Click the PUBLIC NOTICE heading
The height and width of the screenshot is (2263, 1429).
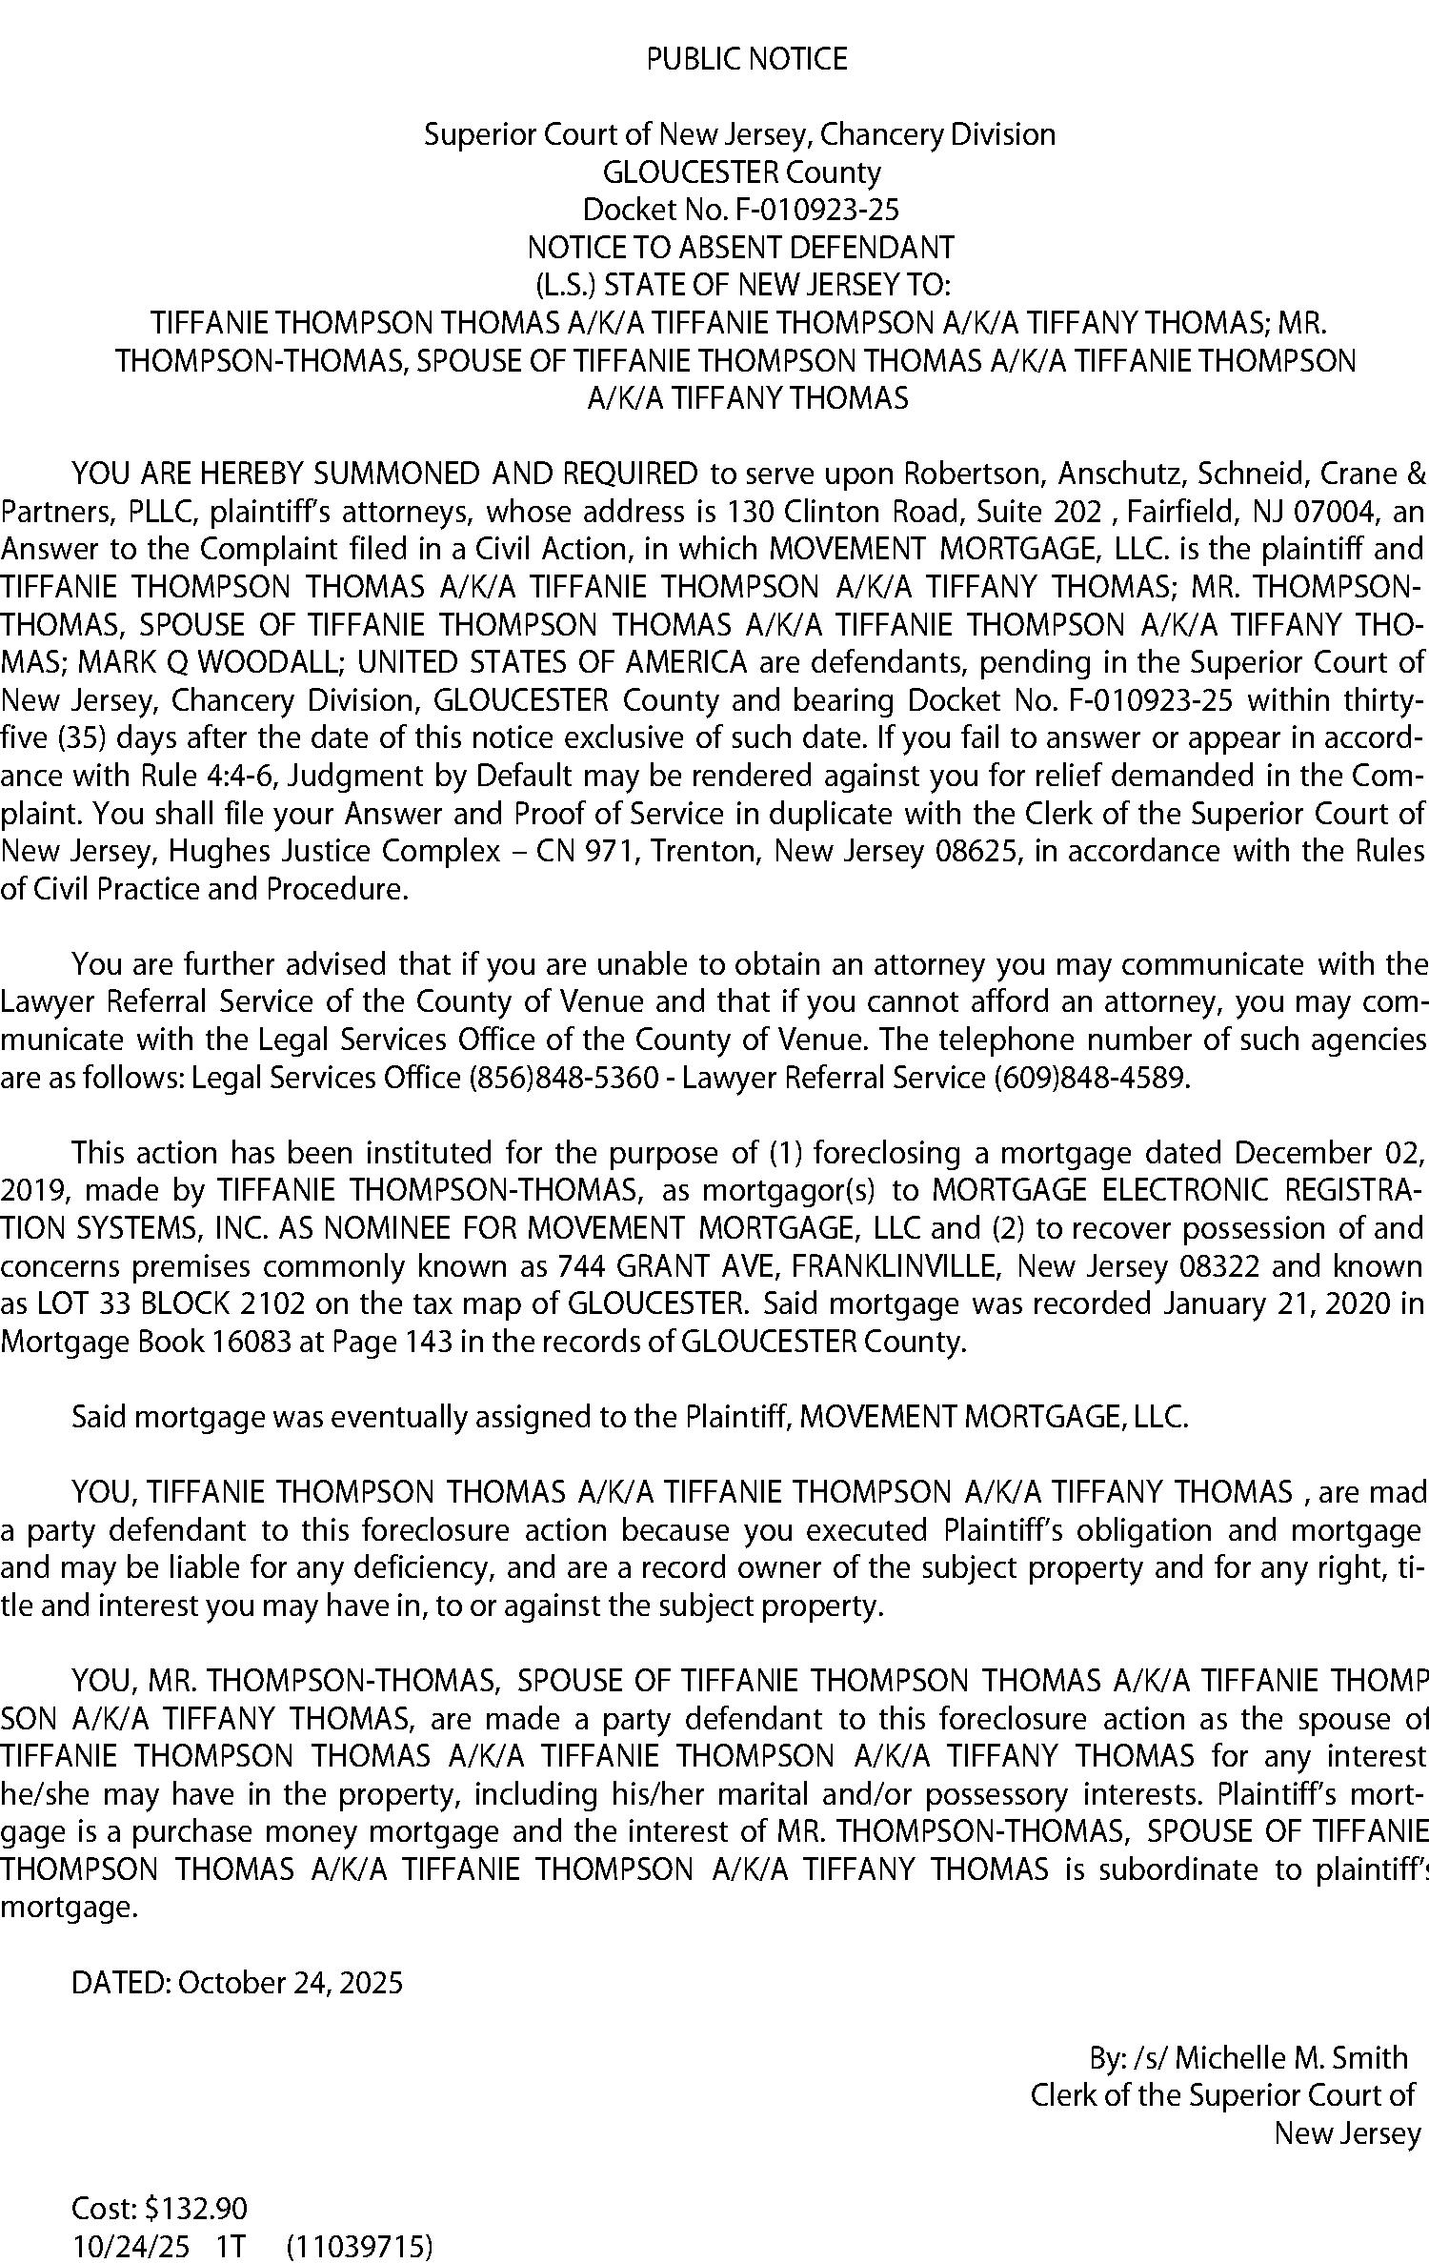point(746,60)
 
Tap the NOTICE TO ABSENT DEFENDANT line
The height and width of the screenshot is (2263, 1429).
point(740,248)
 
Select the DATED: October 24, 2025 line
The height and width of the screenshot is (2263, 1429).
point(237,1983)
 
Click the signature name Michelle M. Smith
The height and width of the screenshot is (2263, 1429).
point(1291,2058)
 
